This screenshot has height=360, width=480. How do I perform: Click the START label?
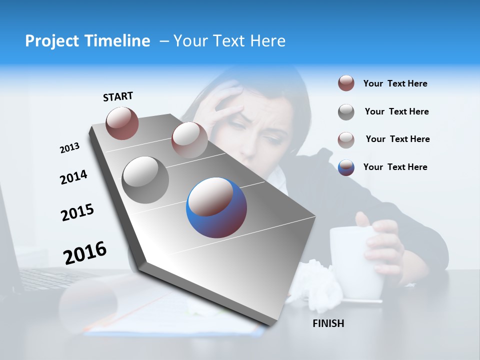click(118, 96)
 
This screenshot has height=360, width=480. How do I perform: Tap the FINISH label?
click(328, 323)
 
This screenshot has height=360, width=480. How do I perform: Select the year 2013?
click(69, 148)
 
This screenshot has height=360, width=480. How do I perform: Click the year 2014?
click(73, 177)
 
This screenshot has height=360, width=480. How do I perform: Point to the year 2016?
click(85, 252)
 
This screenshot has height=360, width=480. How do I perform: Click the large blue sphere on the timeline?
click(216, 207)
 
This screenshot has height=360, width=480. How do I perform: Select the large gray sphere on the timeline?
click(145, 179)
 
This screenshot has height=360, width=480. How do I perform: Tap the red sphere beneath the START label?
click(122, 123)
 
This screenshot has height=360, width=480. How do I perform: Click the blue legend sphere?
click(346, 167)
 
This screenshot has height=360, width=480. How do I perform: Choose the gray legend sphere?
click(346, 112)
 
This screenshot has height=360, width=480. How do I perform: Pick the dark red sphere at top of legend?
click(346, 83)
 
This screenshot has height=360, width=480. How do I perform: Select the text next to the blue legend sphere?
click(395, 167)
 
